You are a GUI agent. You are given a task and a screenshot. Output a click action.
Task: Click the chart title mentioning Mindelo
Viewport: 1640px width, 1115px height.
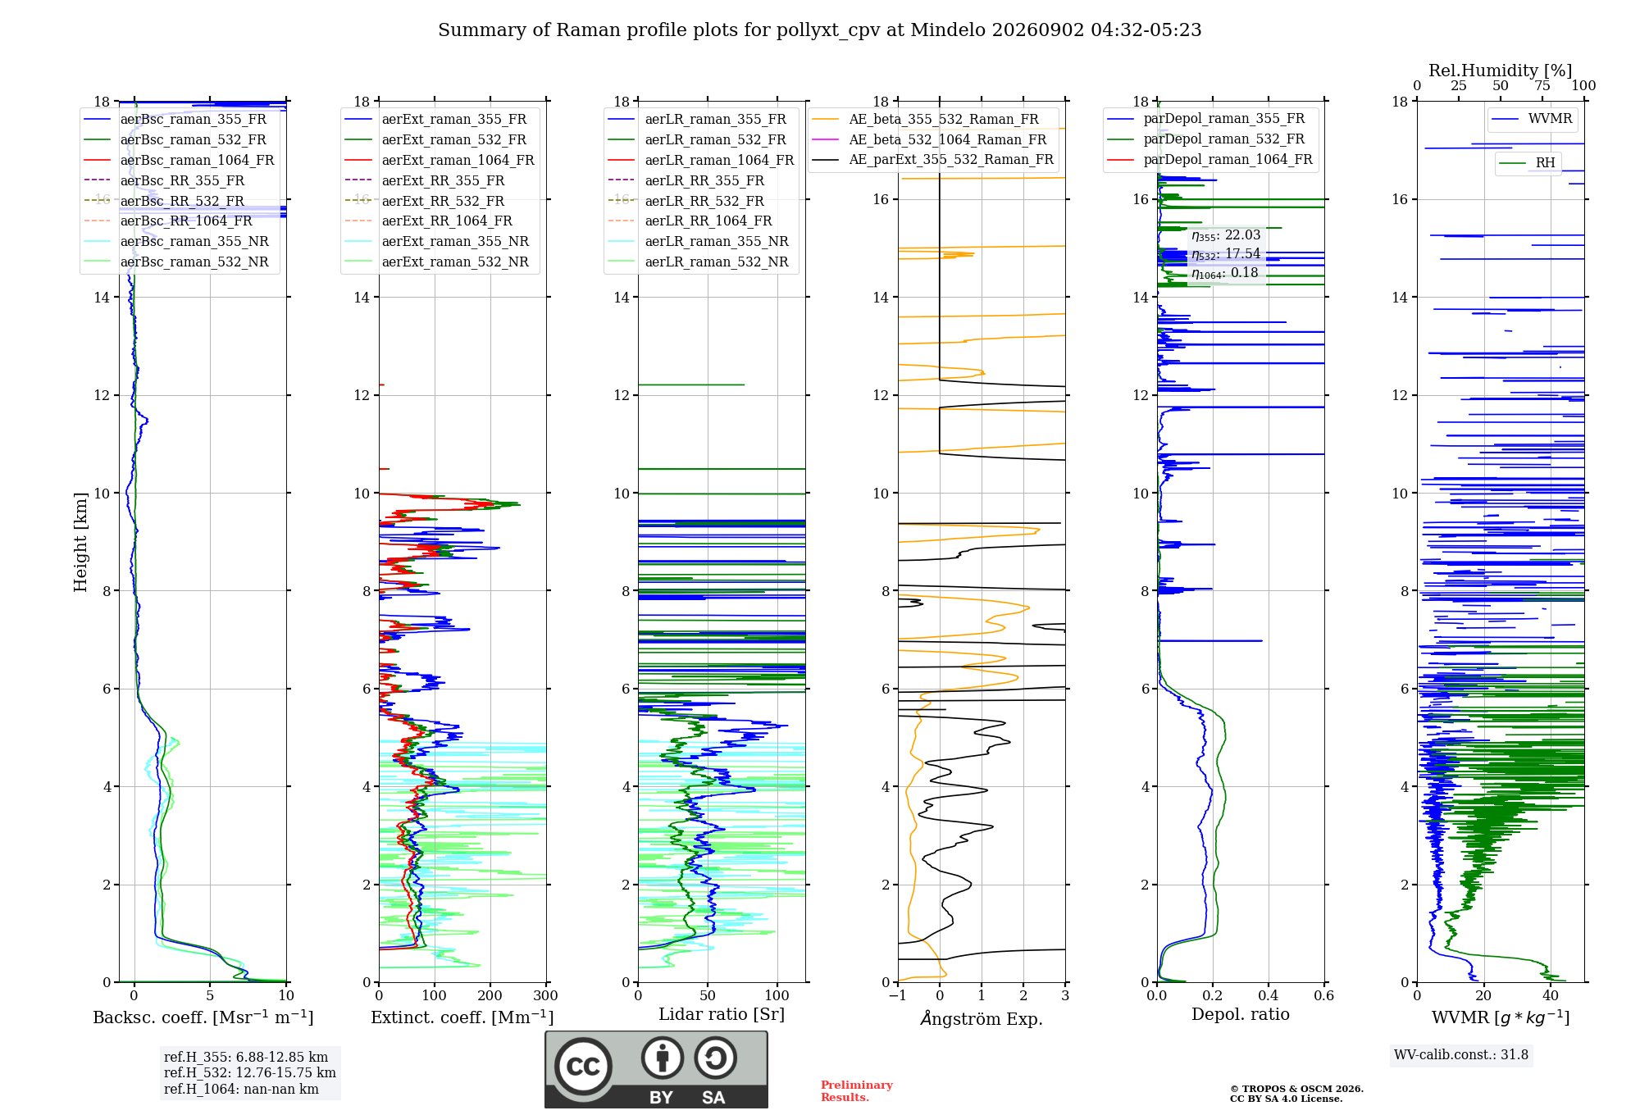pos(819,30)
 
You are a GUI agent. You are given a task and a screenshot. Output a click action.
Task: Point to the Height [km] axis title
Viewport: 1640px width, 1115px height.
pos(80,542)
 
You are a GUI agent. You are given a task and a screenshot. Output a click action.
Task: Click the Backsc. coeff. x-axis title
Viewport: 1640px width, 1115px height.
pos(203,1017)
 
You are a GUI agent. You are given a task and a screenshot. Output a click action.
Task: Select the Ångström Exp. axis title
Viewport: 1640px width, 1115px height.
pos(982,1018)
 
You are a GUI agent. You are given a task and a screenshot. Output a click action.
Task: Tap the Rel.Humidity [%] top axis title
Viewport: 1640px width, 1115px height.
pos(1501,71)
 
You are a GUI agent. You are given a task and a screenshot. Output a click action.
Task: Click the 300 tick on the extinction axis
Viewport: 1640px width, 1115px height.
pos(546,995)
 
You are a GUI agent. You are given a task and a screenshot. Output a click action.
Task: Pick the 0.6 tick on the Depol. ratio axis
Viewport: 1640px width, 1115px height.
pos(1324,995)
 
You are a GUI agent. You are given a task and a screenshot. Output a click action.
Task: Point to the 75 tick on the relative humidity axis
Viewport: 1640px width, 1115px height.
pos(1542,85)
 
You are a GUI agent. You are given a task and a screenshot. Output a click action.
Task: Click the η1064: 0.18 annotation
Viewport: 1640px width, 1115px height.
pos(1225,273)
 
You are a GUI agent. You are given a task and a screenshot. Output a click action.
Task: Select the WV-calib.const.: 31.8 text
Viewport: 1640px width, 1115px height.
pos(1461,1054)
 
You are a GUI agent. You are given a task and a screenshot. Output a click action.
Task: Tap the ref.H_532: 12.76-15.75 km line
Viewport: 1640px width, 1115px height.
pos(250,1072)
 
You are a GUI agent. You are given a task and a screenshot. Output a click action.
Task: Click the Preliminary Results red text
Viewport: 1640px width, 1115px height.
pos(857,1091)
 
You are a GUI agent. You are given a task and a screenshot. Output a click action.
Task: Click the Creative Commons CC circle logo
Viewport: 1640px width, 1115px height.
pos(583,1067)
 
